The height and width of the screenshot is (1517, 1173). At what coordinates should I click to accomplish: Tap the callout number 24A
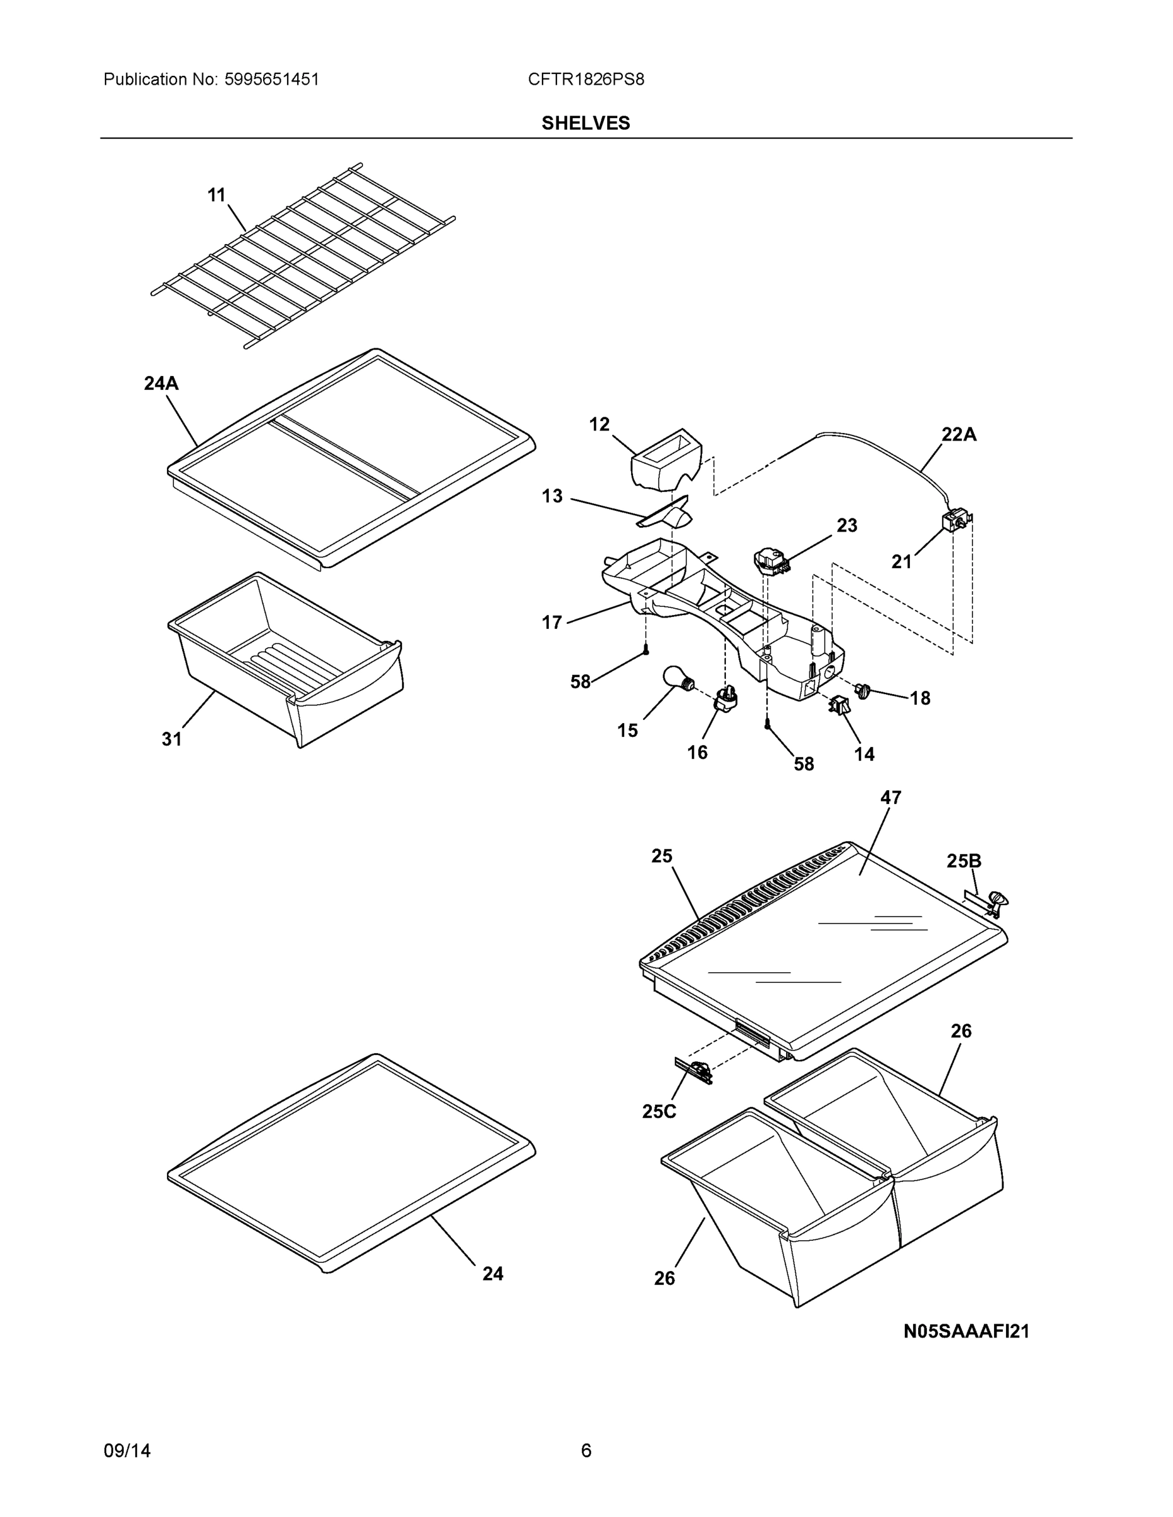click(161, 384)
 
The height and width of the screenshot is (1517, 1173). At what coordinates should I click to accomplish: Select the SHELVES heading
click(585, 123)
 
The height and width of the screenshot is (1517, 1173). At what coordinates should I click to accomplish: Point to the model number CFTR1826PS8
click(585, 79)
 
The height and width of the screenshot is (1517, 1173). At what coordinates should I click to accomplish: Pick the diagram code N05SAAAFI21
click(966, 1332)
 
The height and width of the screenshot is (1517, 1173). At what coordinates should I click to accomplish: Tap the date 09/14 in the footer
click(127, 1451)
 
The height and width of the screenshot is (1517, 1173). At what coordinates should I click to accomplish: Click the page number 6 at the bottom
click(586, 1451)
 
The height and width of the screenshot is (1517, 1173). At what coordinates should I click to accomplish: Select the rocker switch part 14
click(838, 705)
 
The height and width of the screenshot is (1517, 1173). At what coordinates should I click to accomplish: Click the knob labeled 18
click(863, 690)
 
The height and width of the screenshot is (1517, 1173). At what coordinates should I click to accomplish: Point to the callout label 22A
click(959, 435)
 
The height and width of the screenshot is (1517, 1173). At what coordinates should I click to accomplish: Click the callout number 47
click(891, 798)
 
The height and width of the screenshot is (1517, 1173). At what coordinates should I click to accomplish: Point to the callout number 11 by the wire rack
click(217, 196)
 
